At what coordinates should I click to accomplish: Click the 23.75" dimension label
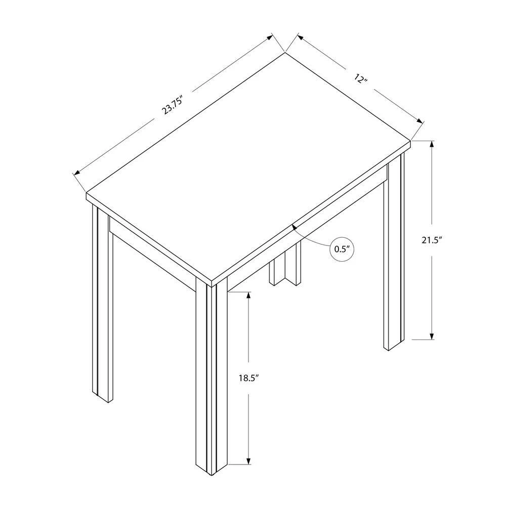[173, 105]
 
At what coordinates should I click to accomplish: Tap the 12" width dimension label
[361, 78]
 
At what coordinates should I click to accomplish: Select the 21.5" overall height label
[432, 240]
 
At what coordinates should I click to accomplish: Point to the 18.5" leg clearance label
[249, 378]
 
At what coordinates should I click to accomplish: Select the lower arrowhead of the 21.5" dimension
[432, 336]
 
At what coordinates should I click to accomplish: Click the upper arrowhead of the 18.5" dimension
[248, 296]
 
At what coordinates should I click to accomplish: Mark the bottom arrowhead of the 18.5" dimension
[248, 461]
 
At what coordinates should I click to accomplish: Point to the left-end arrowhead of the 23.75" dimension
[77, 173]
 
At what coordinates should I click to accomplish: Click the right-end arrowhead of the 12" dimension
[419, 121]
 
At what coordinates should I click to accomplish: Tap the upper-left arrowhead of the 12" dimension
[301, 37]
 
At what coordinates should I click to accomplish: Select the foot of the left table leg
[103, 397]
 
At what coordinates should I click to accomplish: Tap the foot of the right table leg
[394, 345]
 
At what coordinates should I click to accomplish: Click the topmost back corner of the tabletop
[284, 53]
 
